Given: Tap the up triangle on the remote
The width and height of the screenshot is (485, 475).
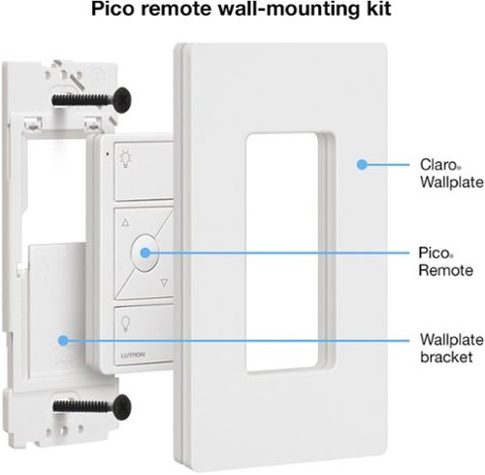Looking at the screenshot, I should click(122, 221).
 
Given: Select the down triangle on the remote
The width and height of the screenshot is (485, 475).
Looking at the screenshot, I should click(165, 285).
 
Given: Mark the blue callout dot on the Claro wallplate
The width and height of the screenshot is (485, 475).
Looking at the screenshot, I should click(361, 165).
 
